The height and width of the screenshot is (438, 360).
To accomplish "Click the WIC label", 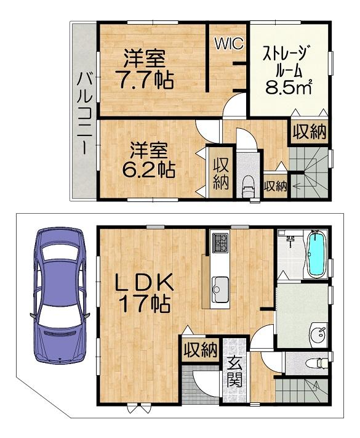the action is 229,44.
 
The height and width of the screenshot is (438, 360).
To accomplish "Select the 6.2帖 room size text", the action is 150,168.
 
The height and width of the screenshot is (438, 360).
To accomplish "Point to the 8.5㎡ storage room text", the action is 288,88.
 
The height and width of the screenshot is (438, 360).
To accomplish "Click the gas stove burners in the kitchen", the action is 220,243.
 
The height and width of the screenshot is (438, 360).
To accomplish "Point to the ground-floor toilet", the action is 316,363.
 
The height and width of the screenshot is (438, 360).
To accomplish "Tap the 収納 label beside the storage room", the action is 310,132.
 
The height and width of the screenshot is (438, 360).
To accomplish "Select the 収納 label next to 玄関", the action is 201,349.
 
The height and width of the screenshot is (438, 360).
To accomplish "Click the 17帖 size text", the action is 145,304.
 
